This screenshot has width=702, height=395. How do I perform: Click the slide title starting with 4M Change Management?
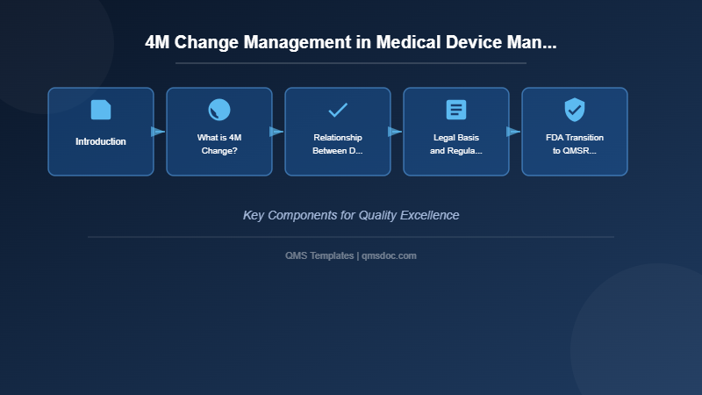pos(351,43)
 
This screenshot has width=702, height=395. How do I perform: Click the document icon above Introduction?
pos(101,110)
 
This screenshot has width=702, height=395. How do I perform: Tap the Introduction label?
pos(101,141)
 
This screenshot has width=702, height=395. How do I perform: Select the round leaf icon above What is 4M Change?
pos(219,110)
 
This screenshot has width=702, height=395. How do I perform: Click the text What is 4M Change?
pos(219,144)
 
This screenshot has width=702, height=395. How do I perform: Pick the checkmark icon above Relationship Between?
pos(338,110)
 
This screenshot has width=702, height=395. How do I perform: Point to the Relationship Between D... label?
pos(338,144)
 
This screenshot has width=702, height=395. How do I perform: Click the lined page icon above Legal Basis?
pos(456,110)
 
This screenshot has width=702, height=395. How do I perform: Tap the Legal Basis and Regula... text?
pos(456,144)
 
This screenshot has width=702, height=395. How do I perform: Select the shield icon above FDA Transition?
pos(575,110)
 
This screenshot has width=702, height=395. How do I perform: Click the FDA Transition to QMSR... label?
pos(575,144)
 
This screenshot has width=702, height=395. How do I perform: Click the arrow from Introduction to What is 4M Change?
pos(159,132)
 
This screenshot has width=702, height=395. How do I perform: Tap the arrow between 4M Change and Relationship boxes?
pos(277,132)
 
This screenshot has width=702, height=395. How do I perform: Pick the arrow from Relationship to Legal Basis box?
pos(396,132)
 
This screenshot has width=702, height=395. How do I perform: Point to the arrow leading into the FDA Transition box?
pos(514,132)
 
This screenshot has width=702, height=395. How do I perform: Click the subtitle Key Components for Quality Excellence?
pos(351,215)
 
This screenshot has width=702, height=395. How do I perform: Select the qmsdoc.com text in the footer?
pos(390,255)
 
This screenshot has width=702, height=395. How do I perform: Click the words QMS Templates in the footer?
pos(319,255)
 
